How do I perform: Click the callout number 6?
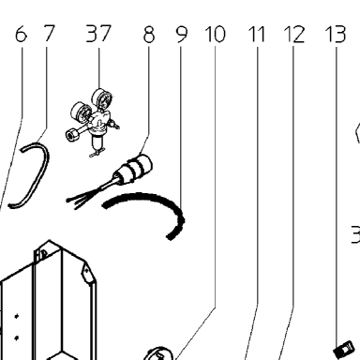(x=21, y=34)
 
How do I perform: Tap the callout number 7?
(x=48, y=34)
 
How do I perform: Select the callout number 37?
(x=98, y=34)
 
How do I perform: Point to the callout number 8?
(x=149, y=35)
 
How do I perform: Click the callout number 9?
(x=182, y=35)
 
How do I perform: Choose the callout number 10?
(x=215, y=34)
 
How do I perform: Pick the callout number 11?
(x=257, y=34)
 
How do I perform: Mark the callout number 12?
(x=294, y=34)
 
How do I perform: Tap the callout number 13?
(x=336, y=34)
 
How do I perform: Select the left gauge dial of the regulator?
(x=81, y=112)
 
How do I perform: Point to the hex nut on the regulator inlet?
(x=71, y=134)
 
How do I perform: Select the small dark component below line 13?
(x=344, y=350)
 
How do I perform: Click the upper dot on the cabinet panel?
(x=17, y=317)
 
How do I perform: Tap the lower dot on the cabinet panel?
(x=17, y=337)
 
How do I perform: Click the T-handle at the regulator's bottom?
(x=97, y=153)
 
